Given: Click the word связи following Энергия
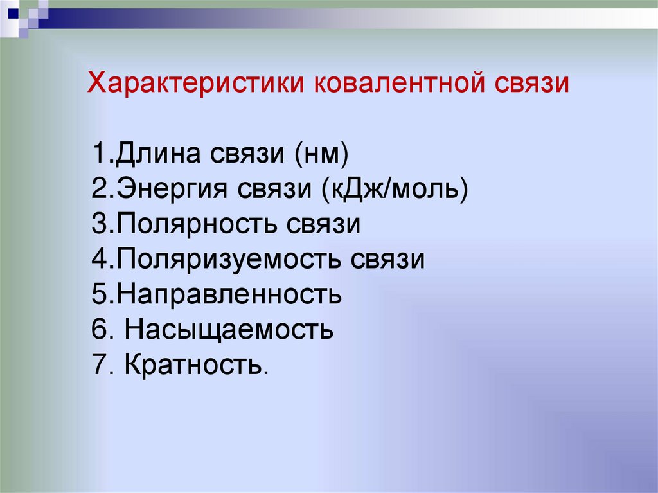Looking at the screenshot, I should [x=275, y=191].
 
